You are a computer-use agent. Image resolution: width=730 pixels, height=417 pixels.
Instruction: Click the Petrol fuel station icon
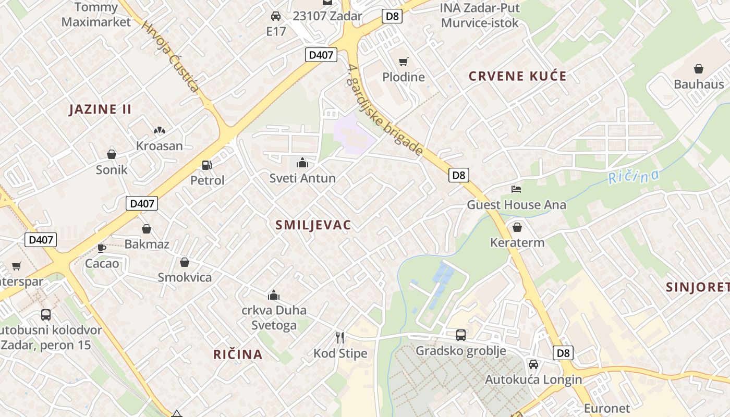click(x=207, y=165)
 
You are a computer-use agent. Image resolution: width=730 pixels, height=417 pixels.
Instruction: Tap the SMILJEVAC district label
click(x=313, y=225)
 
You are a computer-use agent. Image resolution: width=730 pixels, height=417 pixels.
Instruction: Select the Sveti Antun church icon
click(x=302, y=163)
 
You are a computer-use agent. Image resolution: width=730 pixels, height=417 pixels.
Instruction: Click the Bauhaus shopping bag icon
click(x=698, y=69)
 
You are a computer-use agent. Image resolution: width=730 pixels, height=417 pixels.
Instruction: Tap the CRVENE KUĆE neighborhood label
click(x=517, y=76)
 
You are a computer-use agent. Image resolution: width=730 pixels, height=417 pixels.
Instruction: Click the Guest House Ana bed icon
click(x=516, y=189)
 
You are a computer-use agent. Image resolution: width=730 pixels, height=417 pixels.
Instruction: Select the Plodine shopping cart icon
click(x=403, y=62)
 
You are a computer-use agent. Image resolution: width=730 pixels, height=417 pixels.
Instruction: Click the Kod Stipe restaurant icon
click(x=340, y=338)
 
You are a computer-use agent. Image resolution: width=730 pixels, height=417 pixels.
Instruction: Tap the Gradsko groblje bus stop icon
click(x=460, y=335)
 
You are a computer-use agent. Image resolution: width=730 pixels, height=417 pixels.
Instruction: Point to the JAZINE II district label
click(x=101, y=109)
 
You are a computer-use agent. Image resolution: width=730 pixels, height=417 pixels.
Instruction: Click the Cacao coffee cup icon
click(x=102, y=248)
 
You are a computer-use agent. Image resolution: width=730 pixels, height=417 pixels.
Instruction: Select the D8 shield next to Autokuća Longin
click(x=563, y=353)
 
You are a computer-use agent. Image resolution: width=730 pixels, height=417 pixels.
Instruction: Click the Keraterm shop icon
click(x=517, y=227)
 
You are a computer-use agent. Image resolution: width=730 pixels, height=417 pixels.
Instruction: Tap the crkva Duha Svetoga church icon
click(x=274, y=296)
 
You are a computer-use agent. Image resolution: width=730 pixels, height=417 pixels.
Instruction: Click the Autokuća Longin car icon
click(x=533, y=364)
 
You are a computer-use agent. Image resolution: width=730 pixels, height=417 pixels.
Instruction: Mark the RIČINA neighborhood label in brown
click(x=238, y=354)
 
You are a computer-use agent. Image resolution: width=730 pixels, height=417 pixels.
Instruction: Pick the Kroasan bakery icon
click(x=159, y=130)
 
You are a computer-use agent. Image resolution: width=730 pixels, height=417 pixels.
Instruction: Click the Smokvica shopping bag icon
click(x=184, y=262)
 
